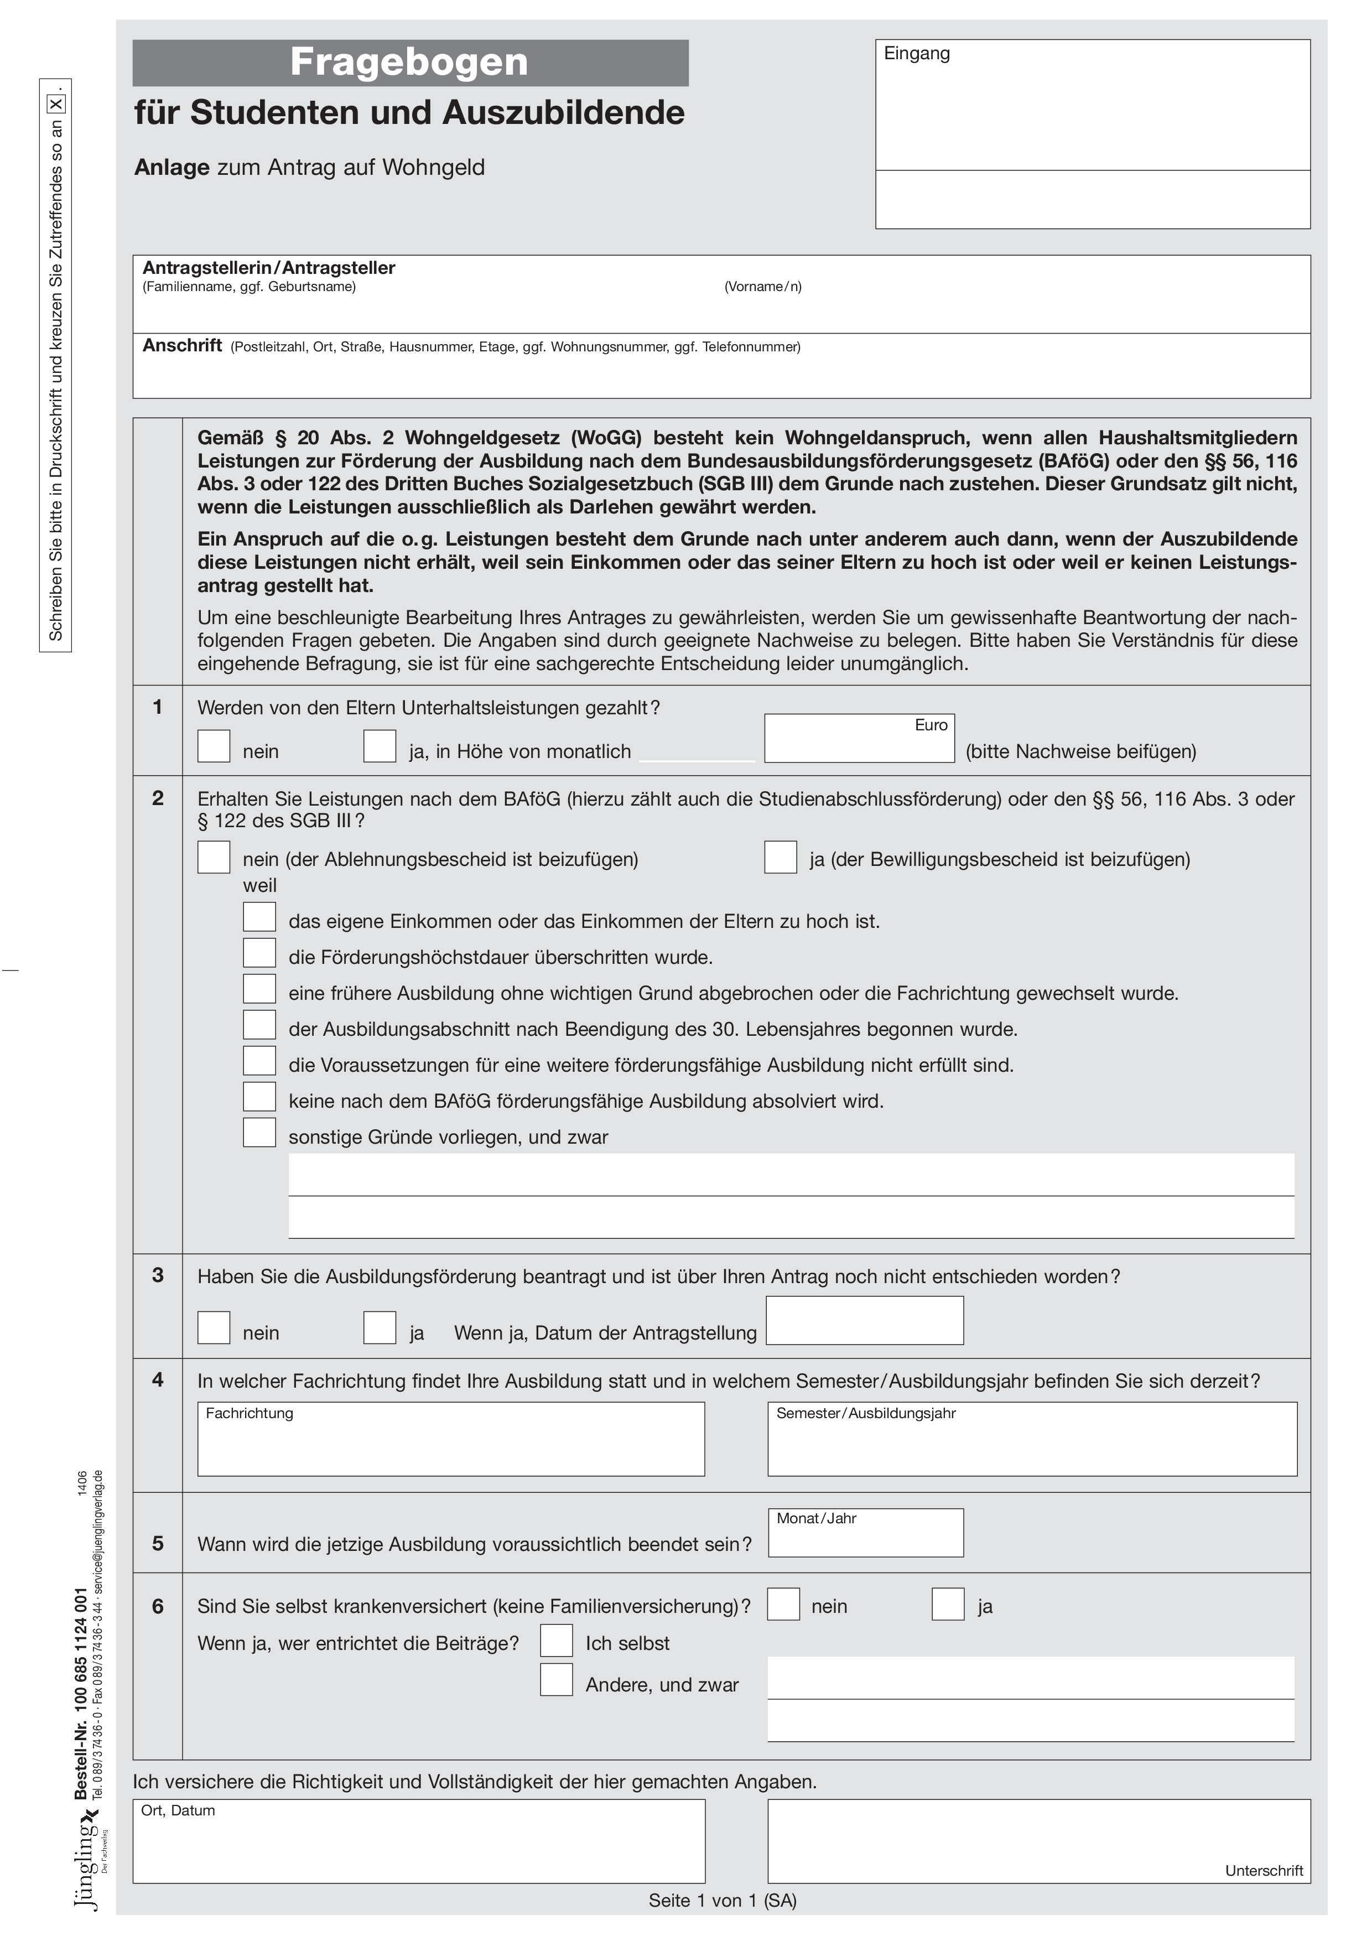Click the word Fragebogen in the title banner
pyautogui.click(x=409, y=63)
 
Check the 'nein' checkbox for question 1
pyautogui.click(x=214, y=746)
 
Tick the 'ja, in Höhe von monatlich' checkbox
pyautogui.click(x=380, y=746)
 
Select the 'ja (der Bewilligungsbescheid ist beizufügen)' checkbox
pyautogui.click(x=780, y=857)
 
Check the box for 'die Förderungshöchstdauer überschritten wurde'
pyautogui.click(x=259, y=953)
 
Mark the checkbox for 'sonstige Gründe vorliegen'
pyautogui.click(x=259, y=1133)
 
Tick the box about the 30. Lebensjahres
pyautogui.click(x=259, y=1025)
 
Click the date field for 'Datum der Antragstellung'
pyautogui.click(x=864, y=1321)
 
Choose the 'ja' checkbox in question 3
pyautogui.click(x=380, y=1328)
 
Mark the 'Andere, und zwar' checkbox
pyautogui.click(x=556, y=1680)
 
